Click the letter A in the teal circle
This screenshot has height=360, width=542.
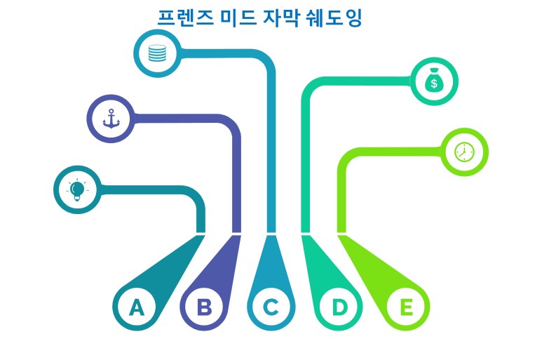click(x=136, y=307)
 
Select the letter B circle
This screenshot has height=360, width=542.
click(x=203, y=307)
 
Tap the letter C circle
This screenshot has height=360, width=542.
click(x=271, y=307)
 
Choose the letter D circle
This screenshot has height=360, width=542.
click(x=339, y=307)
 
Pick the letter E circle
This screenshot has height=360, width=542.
click(x=406, y=307)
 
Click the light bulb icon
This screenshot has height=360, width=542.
click(x=77, y=189)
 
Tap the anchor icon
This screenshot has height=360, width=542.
click(x=111, y=118)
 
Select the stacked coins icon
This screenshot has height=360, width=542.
click(x=157, y=53)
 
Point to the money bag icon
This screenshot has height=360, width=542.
click(x=434, y=81)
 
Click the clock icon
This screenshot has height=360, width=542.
click(x=464, y=152)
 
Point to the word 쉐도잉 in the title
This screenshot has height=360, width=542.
click(x=334, y=18)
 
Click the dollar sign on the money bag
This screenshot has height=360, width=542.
click(x=434, y=84)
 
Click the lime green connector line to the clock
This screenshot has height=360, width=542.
click(x=342, y=189)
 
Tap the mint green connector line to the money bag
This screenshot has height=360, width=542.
click(x=306, y=154)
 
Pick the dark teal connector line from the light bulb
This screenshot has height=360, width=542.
click(x=200, y=211)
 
